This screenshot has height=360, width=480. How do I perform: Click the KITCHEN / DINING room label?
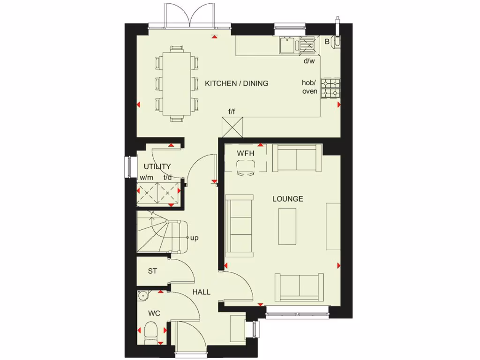pos(237,83)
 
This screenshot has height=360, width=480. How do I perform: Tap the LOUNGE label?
pos(288,199)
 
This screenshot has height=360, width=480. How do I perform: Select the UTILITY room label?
pos(157,166)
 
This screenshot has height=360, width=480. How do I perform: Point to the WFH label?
pos(245,153)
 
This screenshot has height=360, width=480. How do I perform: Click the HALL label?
pos(202,292)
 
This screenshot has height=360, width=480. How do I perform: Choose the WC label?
pos(154,313)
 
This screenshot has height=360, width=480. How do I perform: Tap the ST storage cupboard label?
pos(152,271)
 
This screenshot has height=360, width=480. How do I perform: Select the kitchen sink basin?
pos(286,45)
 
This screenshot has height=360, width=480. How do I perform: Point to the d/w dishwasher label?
pos(309,61)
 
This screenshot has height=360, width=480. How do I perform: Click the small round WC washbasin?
pos(143,295)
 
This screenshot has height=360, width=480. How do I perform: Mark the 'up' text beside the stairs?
pos(195,238)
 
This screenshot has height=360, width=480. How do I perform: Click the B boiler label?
pos(327,42)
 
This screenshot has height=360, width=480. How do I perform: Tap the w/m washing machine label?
pos(146,178)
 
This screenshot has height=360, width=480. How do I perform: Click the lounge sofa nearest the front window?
pos(299,286)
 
